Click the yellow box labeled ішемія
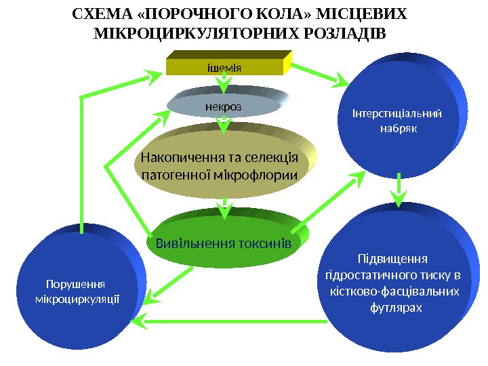224,66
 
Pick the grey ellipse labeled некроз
224,106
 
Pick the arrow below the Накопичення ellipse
224,205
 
